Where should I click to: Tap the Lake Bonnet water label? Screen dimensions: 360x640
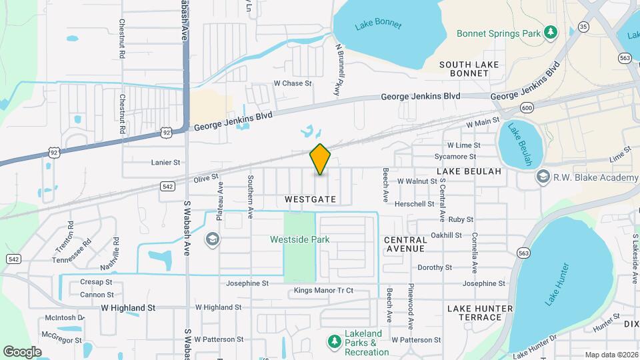[378, 25]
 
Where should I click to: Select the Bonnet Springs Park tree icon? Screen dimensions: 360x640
[550, 32]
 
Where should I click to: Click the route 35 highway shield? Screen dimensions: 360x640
[584, 27]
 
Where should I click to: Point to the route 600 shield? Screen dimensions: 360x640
[527, 108]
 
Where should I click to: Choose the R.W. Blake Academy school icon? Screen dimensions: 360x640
[543, 177]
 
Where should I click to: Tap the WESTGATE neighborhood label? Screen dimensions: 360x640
[310, 199]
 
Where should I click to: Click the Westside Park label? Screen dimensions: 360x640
[299, 239]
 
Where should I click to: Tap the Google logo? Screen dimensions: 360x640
[22, 351]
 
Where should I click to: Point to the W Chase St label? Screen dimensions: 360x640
[293, 83]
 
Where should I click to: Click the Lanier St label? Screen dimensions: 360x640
[166, 162]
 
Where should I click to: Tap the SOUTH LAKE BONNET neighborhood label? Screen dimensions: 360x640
[469, 69]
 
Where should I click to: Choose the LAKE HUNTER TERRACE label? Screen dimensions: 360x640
[480, 313]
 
